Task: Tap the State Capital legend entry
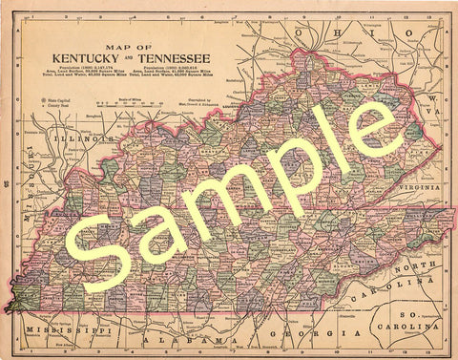tap(59, 99)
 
